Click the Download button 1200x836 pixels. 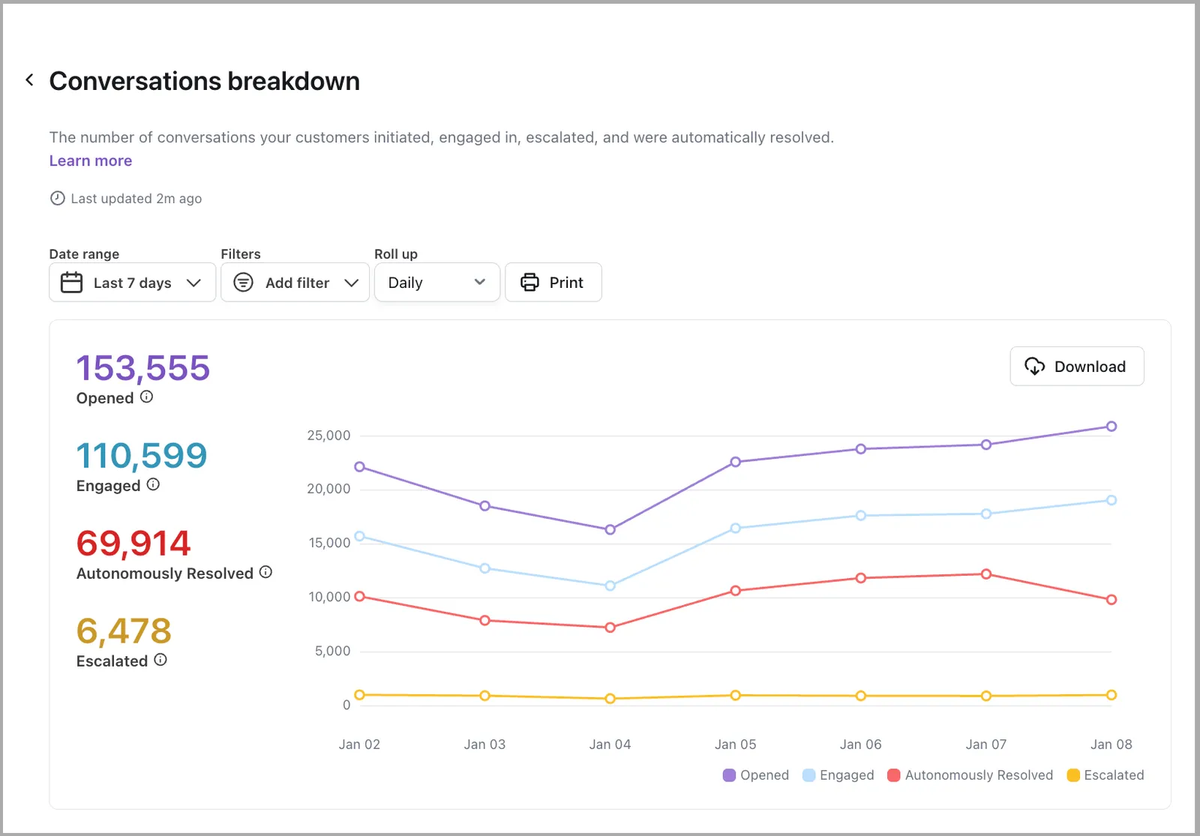1077,367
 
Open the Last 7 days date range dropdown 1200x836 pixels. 132,282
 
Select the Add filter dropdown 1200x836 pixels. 295,282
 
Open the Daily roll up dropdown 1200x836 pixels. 437,282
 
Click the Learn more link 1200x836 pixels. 91,160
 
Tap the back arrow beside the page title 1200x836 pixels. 30,80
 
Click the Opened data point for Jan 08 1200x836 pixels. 1111,427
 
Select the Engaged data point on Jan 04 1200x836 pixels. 610,586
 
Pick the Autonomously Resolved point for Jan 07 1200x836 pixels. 986,574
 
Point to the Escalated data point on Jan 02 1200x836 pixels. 359,694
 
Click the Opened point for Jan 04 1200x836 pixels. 610,529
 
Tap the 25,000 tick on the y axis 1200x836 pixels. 328,436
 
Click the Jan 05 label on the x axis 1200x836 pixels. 736,745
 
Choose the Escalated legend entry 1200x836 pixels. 1105,775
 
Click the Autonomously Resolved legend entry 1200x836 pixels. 970,775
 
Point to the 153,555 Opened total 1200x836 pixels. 143,368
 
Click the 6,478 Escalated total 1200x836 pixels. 124,631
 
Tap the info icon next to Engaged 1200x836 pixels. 153,484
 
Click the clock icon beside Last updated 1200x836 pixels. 57,198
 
